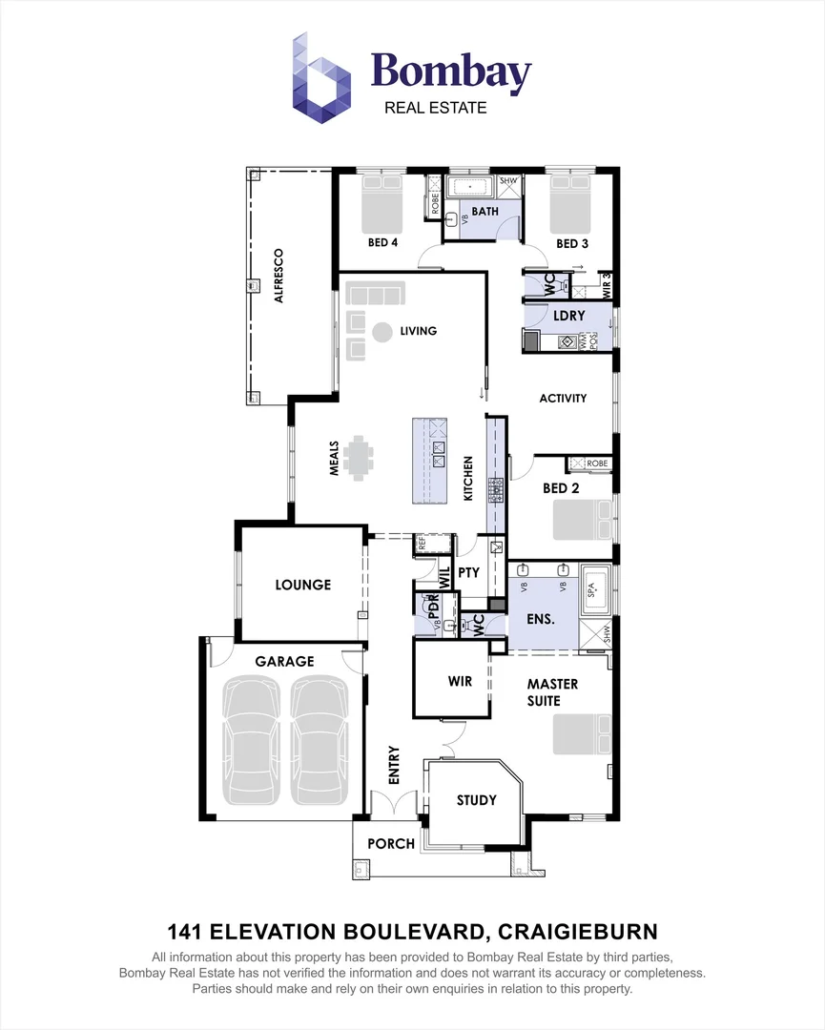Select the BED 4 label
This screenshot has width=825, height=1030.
coord(382,242)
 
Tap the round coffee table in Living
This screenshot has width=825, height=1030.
coord(382,332)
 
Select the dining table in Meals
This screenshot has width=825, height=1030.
coord(361,457)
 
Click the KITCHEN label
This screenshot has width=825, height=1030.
coord(468,479)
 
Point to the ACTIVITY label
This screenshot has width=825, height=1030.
coord(563,398)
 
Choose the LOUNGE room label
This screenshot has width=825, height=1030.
coord(302,585)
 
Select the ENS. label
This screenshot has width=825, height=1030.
coord(541,619)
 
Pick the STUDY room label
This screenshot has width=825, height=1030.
coord(476,799)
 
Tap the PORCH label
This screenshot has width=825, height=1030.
coord(391,843)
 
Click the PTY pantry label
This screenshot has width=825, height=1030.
coord(468,573)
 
